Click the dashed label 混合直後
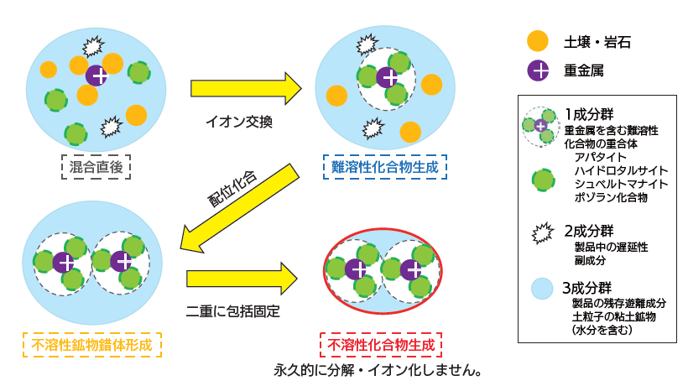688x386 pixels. click(96, 167)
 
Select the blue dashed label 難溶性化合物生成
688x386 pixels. click(385, 167)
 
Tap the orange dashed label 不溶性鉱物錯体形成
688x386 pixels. click(91, 343)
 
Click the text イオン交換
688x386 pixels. click(238, 122)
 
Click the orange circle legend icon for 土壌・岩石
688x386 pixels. click(537, 40)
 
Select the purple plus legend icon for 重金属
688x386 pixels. click(537, 70)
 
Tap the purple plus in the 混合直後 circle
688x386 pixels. click(96, 76)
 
